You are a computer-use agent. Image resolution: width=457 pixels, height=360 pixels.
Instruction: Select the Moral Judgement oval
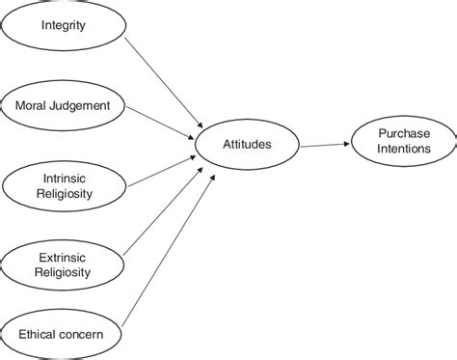(64, 105)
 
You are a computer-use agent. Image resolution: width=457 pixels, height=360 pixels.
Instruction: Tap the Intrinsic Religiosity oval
(64, 184)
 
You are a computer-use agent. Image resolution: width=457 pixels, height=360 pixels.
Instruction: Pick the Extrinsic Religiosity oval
(64, 263)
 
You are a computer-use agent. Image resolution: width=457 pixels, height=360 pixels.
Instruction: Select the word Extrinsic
(64, 257)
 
